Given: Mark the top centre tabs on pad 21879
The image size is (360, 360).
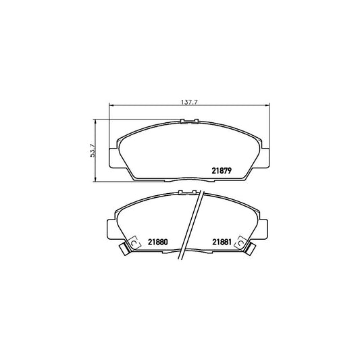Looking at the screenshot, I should click(188, 122).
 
